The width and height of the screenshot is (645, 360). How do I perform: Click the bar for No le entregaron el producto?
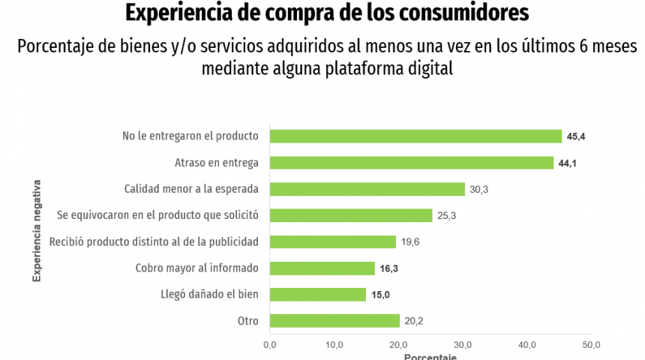pyautogui.click(x=415, y=136)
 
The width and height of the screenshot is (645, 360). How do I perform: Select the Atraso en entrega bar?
pyautogui.click(x=411, y=163)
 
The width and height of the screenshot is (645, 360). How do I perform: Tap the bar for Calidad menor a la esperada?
pyautogui.click(x=367, y=189)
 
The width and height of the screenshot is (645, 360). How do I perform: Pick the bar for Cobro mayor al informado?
pyautogui.click(x=322, y=268)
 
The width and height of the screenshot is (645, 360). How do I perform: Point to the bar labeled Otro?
pyautogui.click(x=334, y=321)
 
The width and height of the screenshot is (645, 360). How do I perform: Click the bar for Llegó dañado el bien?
pyautogui.click(x=317, y=295)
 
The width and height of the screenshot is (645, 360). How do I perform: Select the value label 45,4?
pyautogui.click(x=576, y=136)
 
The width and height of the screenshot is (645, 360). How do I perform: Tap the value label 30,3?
pyautogui.click(x=479, y=190)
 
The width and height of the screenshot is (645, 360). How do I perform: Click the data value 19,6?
pyautogui.click(x=409, y=242)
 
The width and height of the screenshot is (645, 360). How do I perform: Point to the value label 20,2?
pyautogui.click(x=414, y=321)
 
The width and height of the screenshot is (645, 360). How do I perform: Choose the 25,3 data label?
pyautogui.click(x=447, y=216)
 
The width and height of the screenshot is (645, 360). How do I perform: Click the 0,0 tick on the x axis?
pyautogui.click(x=270, y=344)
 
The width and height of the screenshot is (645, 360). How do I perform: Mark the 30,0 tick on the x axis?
pyautogui.click(x=463, y=344)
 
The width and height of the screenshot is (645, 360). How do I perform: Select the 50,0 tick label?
pyautogui.click(x=592, y=344)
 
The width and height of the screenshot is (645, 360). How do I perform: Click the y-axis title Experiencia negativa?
pyautogui.click(x=36, y=230)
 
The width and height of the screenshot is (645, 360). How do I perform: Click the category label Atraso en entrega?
pyautogui.click(x=217, y=163)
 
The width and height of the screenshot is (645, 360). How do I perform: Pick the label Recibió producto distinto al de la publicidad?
pyautogui.click(x=154, y=241)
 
